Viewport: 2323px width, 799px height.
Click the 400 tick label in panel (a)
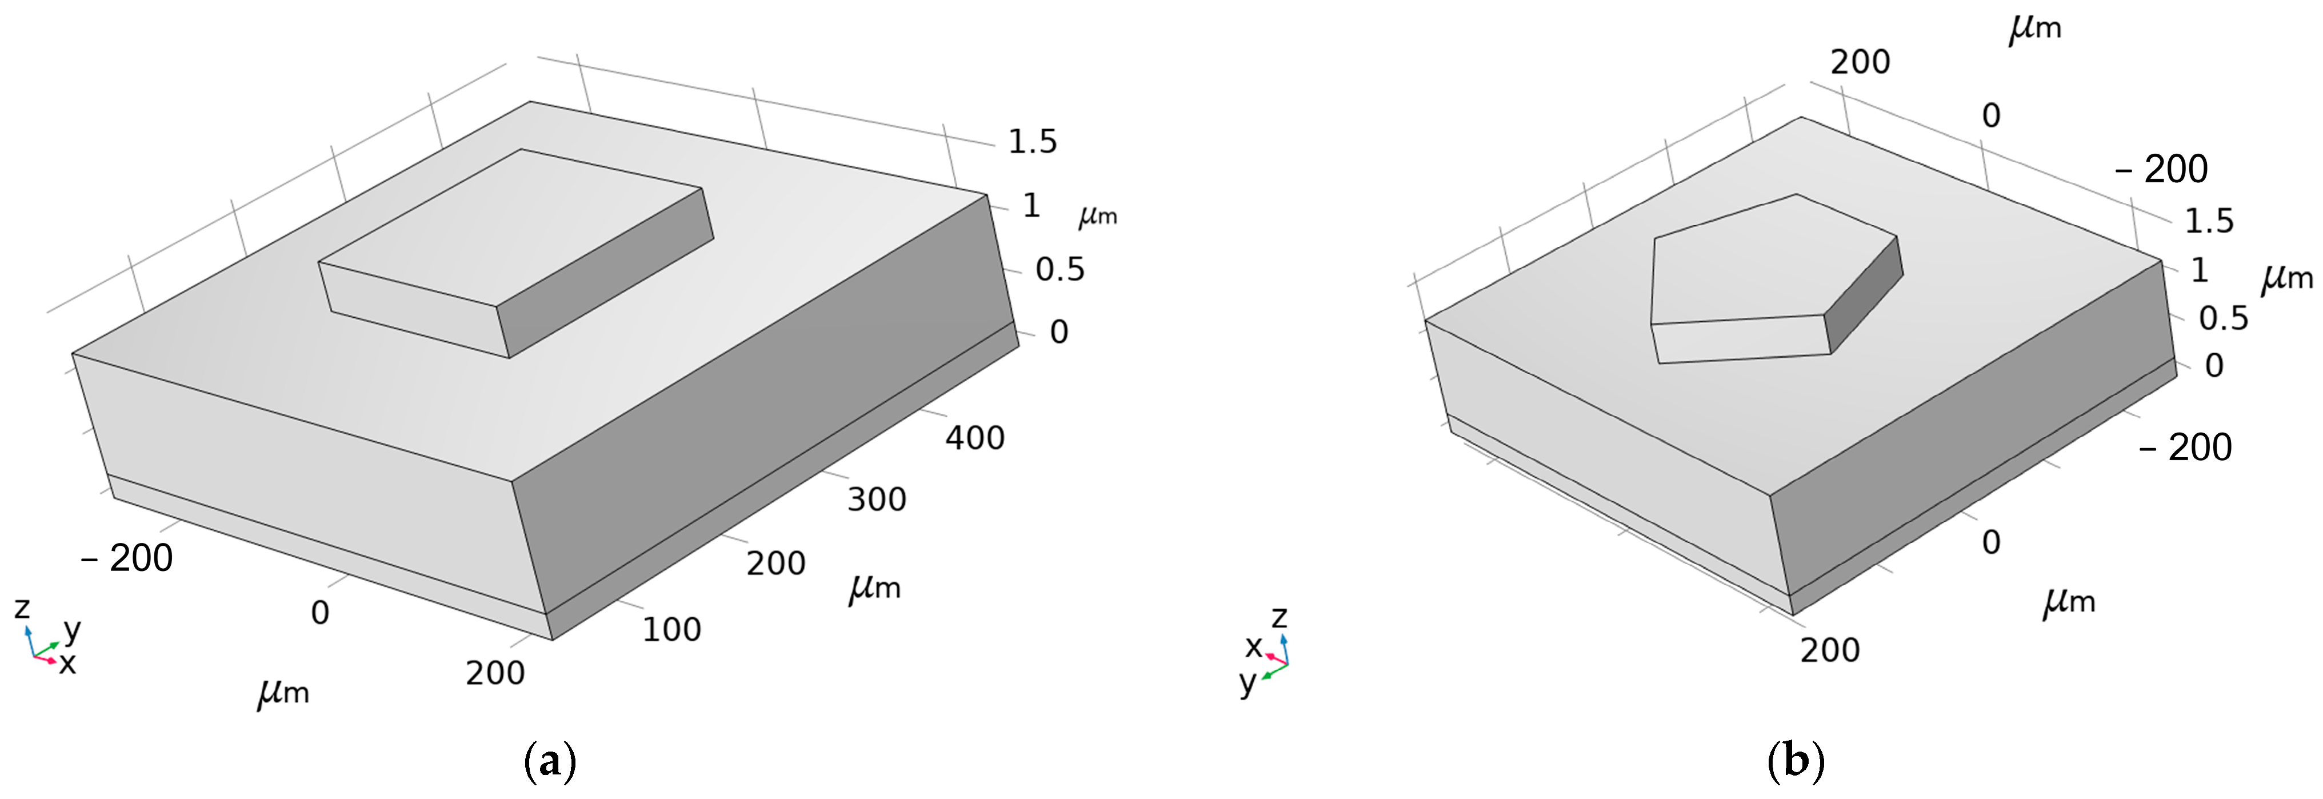click(x=975, y=438)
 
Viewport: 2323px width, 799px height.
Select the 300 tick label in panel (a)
click(x=877, y=500)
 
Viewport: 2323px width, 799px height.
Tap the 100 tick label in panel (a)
click(x=672, y=629)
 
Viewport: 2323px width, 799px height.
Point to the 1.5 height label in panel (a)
click(x=1033, y=142)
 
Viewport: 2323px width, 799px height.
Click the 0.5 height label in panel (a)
click(x=1059, y=270)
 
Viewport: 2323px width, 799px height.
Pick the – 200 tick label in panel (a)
click(x=127, y=559)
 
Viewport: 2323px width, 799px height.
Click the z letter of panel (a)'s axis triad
click(x=22, y=609)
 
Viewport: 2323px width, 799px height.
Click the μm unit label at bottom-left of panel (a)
click(x=283, y=693)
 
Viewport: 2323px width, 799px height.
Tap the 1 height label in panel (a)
click(x=1031, y=206)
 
